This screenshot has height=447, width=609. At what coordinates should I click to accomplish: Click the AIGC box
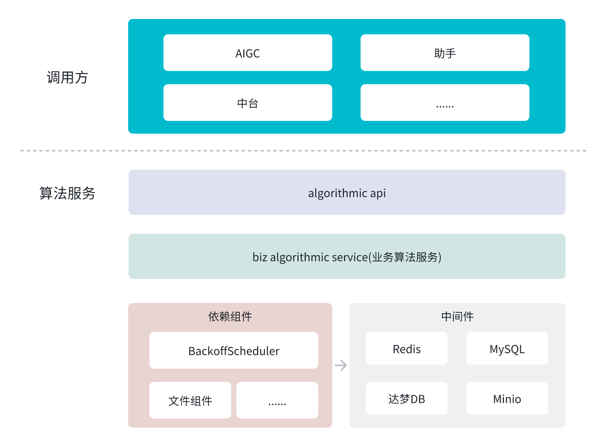click(248, 53)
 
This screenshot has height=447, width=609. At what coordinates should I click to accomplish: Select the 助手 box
click(445, 53)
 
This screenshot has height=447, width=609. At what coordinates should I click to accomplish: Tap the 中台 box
click(248, 103)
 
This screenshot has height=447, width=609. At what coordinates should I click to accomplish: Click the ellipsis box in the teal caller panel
click(445, 103)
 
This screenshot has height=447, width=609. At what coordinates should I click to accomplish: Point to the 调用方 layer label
click(67, 77)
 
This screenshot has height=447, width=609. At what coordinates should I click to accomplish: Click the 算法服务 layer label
click(67, 193)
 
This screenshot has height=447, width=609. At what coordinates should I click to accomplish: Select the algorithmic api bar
click(347, 193)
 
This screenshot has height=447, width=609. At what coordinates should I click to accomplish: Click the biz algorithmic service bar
click(347, 257)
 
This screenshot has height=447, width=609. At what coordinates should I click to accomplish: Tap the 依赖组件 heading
click(230, 316)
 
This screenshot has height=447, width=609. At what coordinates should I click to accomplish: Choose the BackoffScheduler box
click(233, 351)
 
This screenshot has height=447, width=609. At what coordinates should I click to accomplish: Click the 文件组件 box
click(190, 400)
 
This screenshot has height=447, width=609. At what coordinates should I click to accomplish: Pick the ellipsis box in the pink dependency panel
click(277, 400)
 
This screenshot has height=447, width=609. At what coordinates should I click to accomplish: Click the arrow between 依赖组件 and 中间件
click(340, 365)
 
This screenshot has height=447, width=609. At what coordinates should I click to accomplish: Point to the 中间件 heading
click(457, 316)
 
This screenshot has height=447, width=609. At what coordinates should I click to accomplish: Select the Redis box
click(406, 349)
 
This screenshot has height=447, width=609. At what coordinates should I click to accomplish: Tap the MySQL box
click(507, 349)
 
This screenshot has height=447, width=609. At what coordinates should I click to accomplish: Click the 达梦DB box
click(406, 398)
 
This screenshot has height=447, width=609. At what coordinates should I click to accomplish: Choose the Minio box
click(507, 398)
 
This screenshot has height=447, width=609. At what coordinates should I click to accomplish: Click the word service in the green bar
click(350, 257)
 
